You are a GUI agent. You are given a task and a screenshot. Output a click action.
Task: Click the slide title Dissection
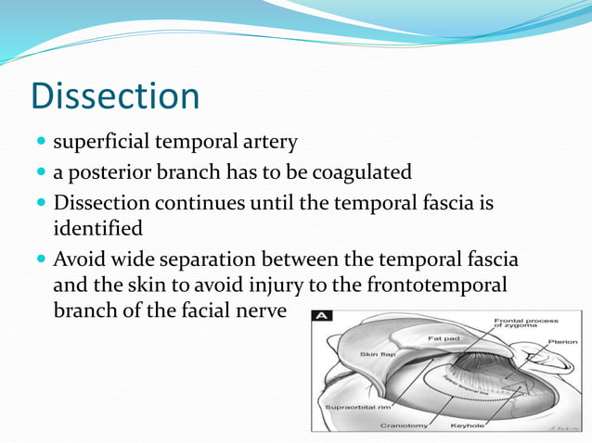115,97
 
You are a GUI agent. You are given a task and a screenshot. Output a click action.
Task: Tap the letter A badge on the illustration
322,315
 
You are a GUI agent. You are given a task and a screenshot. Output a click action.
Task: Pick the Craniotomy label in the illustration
404,426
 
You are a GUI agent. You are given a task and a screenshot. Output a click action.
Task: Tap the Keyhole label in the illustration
467,426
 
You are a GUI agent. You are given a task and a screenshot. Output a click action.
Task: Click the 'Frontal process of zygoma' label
525,323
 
